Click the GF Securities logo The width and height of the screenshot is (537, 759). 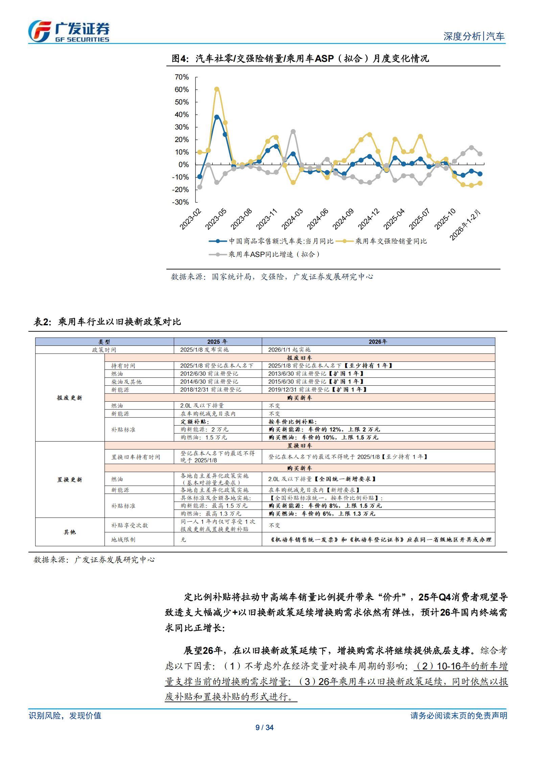click(x=69, y=31)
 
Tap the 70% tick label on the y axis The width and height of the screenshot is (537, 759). click(x=182, y=77)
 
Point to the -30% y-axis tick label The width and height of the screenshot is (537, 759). click(x=180, y=202)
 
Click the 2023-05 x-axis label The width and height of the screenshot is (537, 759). click(x=216, y=219)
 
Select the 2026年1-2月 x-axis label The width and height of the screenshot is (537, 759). click(x=465, y=225)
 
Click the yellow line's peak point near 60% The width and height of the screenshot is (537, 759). click(x=217, y=89)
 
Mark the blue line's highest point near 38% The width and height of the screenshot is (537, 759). click(x=217, y=117)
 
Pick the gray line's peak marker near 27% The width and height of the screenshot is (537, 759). click(x=293, y=132)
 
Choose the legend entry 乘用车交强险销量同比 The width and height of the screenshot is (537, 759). click(x=391, y=241)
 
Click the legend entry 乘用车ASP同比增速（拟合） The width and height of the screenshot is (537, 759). click(x=274, y=254)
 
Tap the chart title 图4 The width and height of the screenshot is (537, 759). click(x=300, y=58)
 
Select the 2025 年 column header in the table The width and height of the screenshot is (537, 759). click(x=217, y=342)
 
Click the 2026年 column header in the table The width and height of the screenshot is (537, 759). click(x=378, y=342)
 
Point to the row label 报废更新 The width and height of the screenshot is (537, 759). click(x=70, y=398)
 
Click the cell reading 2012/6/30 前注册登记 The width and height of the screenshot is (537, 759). click(x=209, y=374)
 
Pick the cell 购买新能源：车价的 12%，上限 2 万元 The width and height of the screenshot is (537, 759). click(x=324, y=429)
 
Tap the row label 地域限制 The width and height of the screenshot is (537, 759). click(x=123, y=540)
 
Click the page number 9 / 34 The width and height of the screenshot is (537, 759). click(x=264, y=728)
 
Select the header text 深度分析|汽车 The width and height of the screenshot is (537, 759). click(x=474, y=36)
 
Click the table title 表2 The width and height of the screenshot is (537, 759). click(x=107, y=322)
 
